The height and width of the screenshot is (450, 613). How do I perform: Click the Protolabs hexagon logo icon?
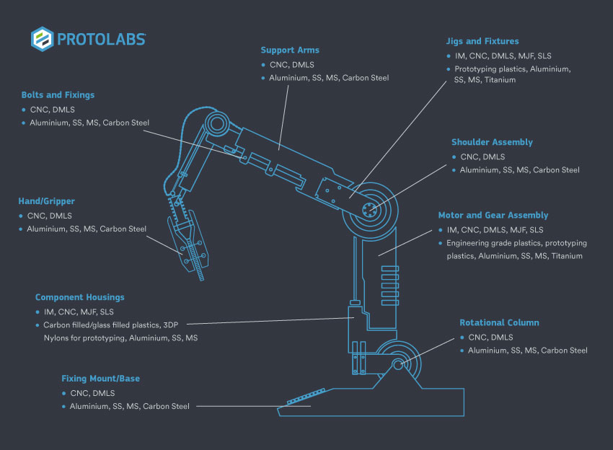[x=43, y=39]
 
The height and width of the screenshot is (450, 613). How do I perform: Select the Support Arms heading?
[x=290, y=50]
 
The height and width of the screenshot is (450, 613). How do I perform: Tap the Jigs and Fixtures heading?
[x=482, y=41]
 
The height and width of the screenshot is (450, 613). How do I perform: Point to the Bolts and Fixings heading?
[x=58, y=95]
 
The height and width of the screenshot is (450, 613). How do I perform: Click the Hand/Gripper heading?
[x=46, y=201]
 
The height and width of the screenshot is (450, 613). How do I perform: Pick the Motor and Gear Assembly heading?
[x=493, y=215]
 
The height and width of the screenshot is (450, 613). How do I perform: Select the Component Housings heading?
[x=79, y=297]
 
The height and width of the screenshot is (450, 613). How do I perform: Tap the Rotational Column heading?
[x=499, y=322]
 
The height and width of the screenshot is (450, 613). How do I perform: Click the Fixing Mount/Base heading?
[x=100, y=379]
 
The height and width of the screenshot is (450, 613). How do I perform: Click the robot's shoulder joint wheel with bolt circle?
[x=372, y=210]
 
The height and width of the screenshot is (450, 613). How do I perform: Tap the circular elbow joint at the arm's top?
[x=216, y=124]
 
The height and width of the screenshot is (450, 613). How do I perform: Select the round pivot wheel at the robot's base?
[x=394, y=356]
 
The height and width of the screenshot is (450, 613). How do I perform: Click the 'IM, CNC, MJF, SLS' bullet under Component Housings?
[x=79, y=312]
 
